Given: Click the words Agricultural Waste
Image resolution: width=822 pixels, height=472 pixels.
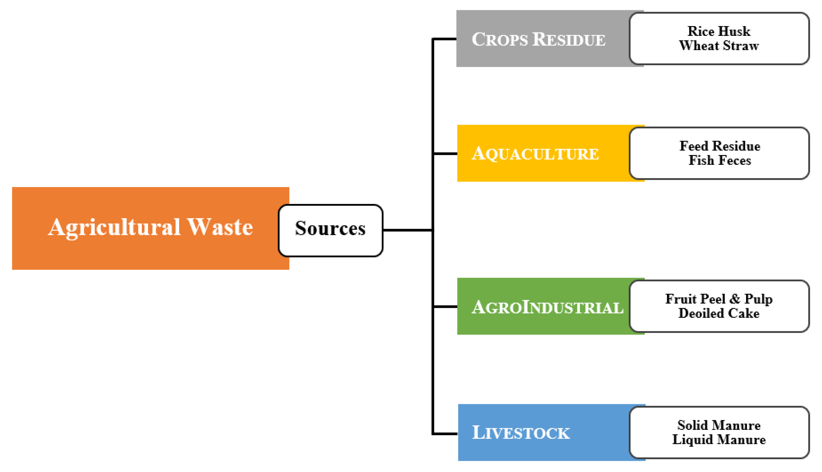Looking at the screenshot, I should (150, 227).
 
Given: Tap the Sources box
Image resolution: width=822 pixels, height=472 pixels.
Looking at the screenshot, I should (330, 231).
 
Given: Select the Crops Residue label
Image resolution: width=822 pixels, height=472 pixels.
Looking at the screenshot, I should (538, 39).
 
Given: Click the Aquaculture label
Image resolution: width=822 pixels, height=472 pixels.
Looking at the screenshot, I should (535, 154).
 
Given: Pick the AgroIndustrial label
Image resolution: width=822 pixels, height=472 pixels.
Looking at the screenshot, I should (547, 307).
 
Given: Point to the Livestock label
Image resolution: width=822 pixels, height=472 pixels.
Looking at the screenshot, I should (521, 433).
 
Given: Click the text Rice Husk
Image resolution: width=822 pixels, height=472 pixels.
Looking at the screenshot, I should (719, 31).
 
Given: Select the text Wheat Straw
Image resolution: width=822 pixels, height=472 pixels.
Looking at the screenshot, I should (719, 46).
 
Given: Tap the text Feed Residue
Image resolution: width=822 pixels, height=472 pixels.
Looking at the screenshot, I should (719, 146).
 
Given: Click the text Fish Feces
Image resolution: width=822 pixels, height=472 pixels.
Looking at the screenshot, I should (719, 160).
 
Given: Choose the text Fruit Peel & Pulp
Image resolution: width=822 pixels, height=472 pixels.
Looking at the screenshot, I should (719, 299).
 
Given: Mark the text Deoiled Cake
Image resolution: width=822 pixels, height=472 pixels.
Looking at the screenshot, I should (719, 313).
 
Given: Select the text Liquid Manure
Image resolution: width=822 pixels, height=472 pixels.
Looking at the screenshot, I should (719, 440).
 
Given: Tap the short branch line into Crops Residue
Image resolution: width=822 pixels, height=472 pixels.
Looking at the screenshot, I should (445, 39).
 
